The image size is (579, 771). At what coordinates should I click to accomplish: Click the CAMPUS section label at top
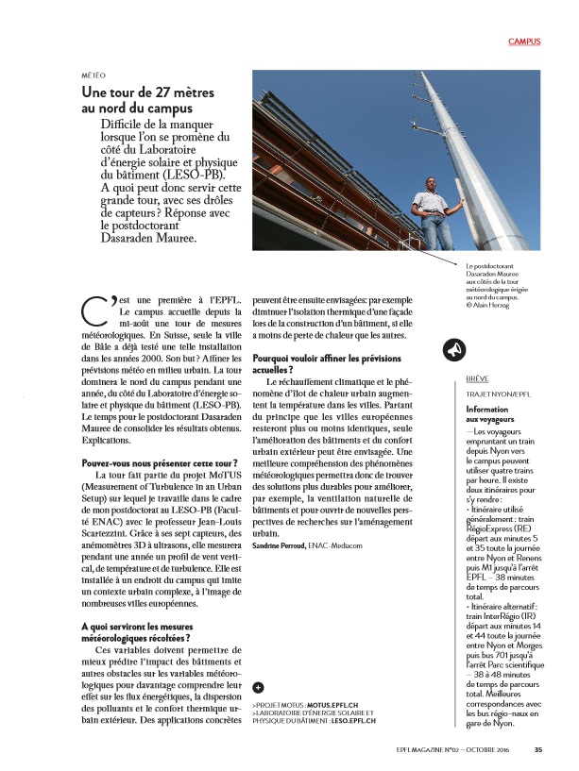coord(523,42)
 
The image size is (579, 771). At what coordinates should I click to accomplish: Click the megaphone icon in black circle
coord(452,350)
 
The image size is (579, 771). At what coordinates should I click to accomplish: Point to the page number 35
coord(537,751)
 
